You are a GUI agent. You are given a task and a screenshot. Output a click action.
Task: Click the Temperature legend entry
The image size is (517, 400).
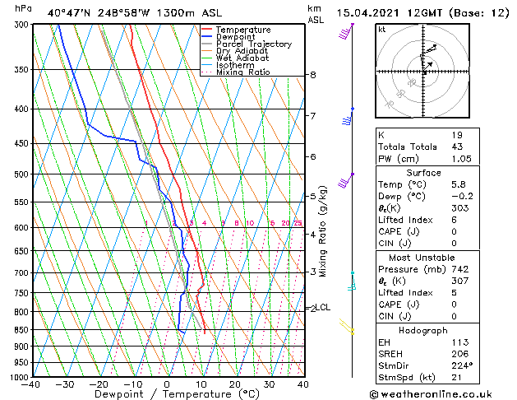[243, 30]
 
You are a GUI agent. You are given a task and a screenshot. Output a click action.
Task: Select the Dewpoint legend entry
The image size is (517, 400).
[238, 37]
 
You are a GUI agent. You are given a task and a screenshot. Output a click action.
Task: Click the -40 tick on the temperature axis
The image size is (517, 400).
[31, 384]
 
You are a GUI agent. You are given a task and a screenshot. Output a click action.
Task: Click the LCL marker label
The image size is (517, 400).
[323, 308]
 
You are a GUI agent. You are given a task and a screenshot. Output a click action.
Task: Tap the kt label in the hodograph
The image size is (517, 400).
[382, 30]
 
